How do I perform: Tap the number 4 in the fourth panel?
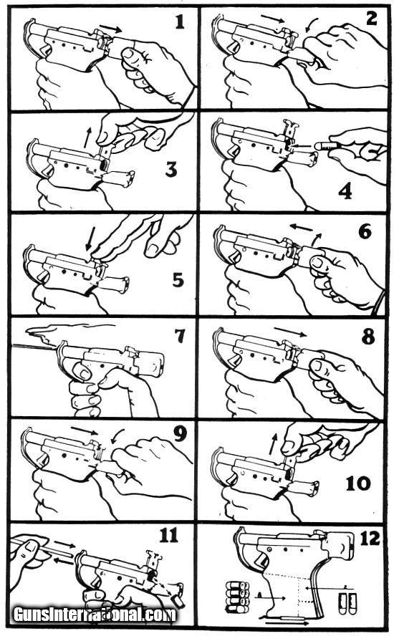(x=345, y=191)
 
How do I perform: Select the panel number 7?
(x=179, y=336)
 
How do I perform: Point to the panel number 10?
(x=358, y=483)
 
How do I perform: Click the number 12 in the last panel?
(x=370, y=539)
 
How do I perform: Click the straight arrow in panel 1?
(x=110, y=28)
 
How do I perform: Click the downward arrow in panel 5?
(x=90, y=239)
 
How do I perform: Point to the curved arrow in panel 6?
(x=317, y=238)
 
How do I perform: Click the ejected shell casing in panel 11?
(x=178, y=601)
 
